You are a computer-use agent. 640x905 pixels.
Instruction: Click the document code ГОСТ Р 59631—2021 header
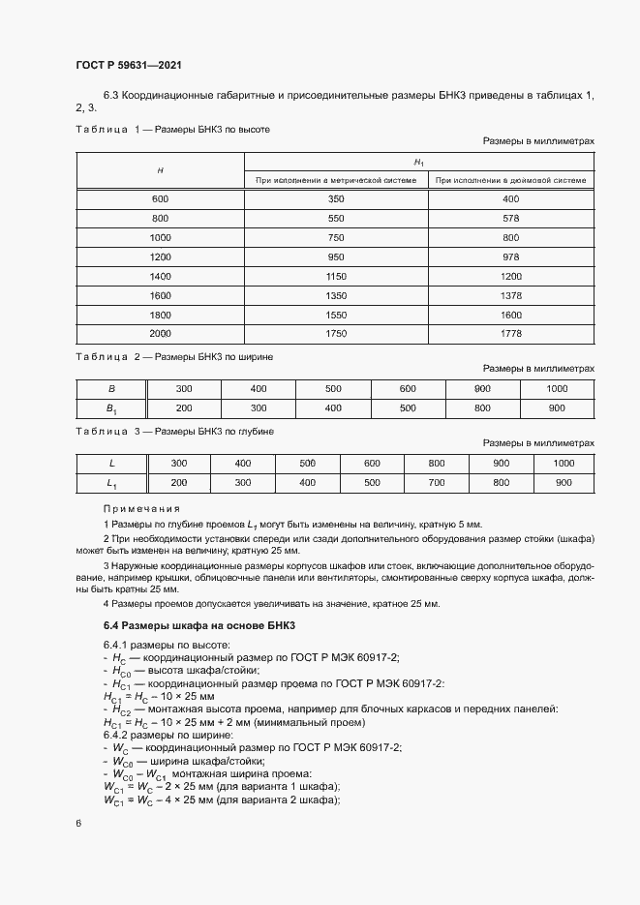tap(129, 65)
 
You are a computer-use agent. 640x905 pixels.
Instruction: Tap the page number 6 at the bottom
tap(78, 823)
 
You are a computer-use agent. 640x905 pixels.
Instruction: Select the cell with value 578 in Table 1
tap(511, 218)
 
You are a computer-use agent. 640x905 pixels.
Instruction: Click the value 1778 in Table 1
tap(511, 334)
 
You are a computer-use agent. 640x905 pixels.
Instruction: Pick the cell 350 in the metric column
tap(336, 198)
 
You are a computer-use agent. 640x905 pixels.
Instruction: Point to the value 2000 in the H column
tap(160, 334)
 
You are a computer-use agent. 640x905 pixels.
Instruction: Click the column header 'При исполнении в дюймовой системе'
tap(511, 179)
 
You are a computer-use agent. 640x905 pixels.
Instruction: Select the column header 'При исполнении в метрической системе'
tap(336, 179)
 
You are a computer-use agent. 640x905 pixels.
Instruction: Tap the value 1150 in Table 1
tap(336, 276)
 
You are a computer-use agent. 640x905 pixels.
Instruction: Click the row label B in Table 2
tap(110, 388)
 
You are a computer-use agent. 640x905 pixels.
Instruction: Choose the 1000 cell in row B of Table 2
tap(557, 388)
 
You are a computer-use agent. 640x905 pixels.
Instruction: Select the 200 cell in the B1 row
tap(183, 407)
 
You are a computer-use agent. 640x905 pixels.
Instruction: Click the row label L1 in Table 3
tap(110, 482)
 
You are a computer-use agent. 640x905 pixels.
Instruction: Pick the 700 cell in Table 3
tap(437, 482)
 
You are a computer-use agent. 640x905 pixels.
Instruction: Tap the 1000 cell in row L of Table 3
tap(564, 463)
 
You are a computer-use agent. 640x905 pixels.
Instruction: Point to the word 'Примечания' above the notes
tap(142, 508)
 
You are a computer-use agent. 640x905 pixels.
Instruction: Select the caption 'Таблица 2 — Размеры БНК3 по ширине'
tap(174, 356)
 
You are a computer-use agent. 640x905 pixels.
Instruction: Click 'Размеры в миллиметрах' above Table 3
tap(538, 443)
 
